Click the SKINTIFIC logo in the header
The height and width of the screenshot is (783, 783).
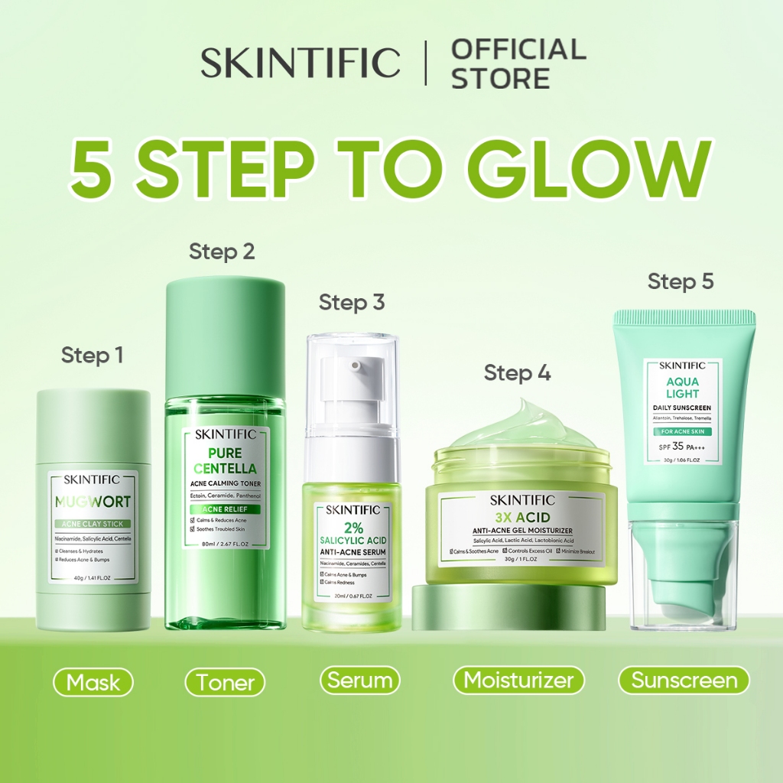(x=301, y=63)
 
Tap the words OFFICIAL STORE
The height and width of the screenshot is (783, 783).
(x=518, y=63)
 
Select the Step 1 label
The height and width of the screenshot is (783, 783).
(x=92, y=356)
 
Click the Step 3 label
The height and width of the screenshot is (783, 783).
(x=352, y=302)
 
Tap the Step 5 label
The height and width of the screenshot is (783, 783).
(x=681, y=281)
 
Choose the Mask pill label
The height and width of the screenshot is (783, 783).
(x=93, y=682)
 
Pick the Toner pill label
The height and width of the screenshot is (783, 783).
(x=225, y=682)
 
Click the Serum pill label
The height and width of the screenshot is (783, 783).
(x=359, y=681)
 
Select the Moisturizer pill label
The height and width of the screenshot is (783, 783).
(x=518, y=681)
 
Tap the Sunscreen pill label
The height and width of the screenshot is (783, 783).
(x=684, y=681)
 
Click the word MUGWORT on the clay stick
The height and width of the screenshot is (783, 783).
(x=93, y=502)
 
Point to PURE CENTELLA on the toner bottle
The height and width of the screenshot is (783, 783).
(x=225, y=460)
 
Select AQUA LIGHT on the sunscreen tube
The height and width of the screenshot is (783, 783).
(x=683, y=387)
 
